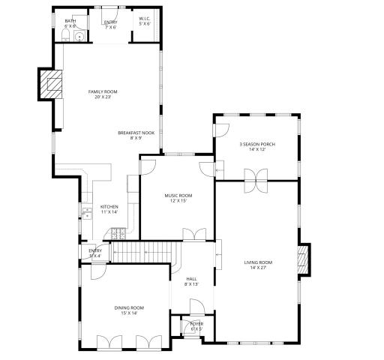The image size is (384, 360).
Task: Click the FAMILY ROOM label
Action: coord(103,91)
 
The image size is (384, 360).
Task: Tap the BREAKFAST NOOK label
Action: coord(130,133)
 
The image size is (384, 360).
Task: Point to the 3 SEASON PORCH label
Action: coord(253,144)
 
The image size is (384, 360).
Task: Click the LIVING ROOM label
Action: coord(258,262)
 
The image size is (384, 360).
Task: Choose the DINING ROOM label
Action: coord(129,307)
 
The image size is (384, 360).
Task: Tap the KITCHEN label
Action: coord(109,207)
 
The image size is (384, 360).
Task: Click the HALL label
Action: coord(191,278)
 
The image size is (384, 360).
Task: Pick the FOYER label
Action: coord(196,323)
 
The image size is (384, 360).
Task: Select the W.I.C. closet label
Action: coord(145,19)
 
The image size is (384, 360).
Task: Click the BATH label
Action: coord(70,21)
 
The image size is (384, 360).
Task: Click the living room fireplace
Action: coord(303,259)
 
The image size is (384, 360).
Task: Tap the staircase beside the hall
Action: coord(142,252)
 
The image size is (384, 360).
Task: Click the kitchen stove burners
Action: coord(118,233)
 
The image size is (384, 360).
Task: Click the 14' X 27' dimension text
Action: coord(258,268)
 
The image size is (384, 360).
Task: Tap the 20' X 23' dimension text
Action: coord(103,97)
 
